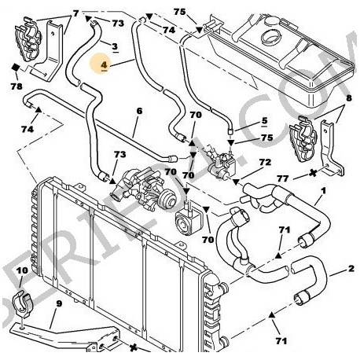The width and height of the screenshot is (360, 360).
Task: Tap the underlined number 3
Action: [x=115, y=46]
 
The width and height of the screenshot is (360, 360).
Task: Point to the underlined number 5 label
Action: [x=264, y=123]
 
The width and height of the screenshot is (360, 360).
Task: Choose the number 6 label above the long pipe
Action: [x=139, y=111]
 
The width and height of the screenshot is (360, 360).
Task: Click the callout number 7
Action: [x=75, y=13]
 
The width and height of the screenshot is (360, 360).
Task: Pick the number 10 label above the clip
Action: [x=21, y=271]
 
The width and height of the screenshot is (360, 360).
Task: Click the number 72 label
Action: [x=265, y=161]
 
